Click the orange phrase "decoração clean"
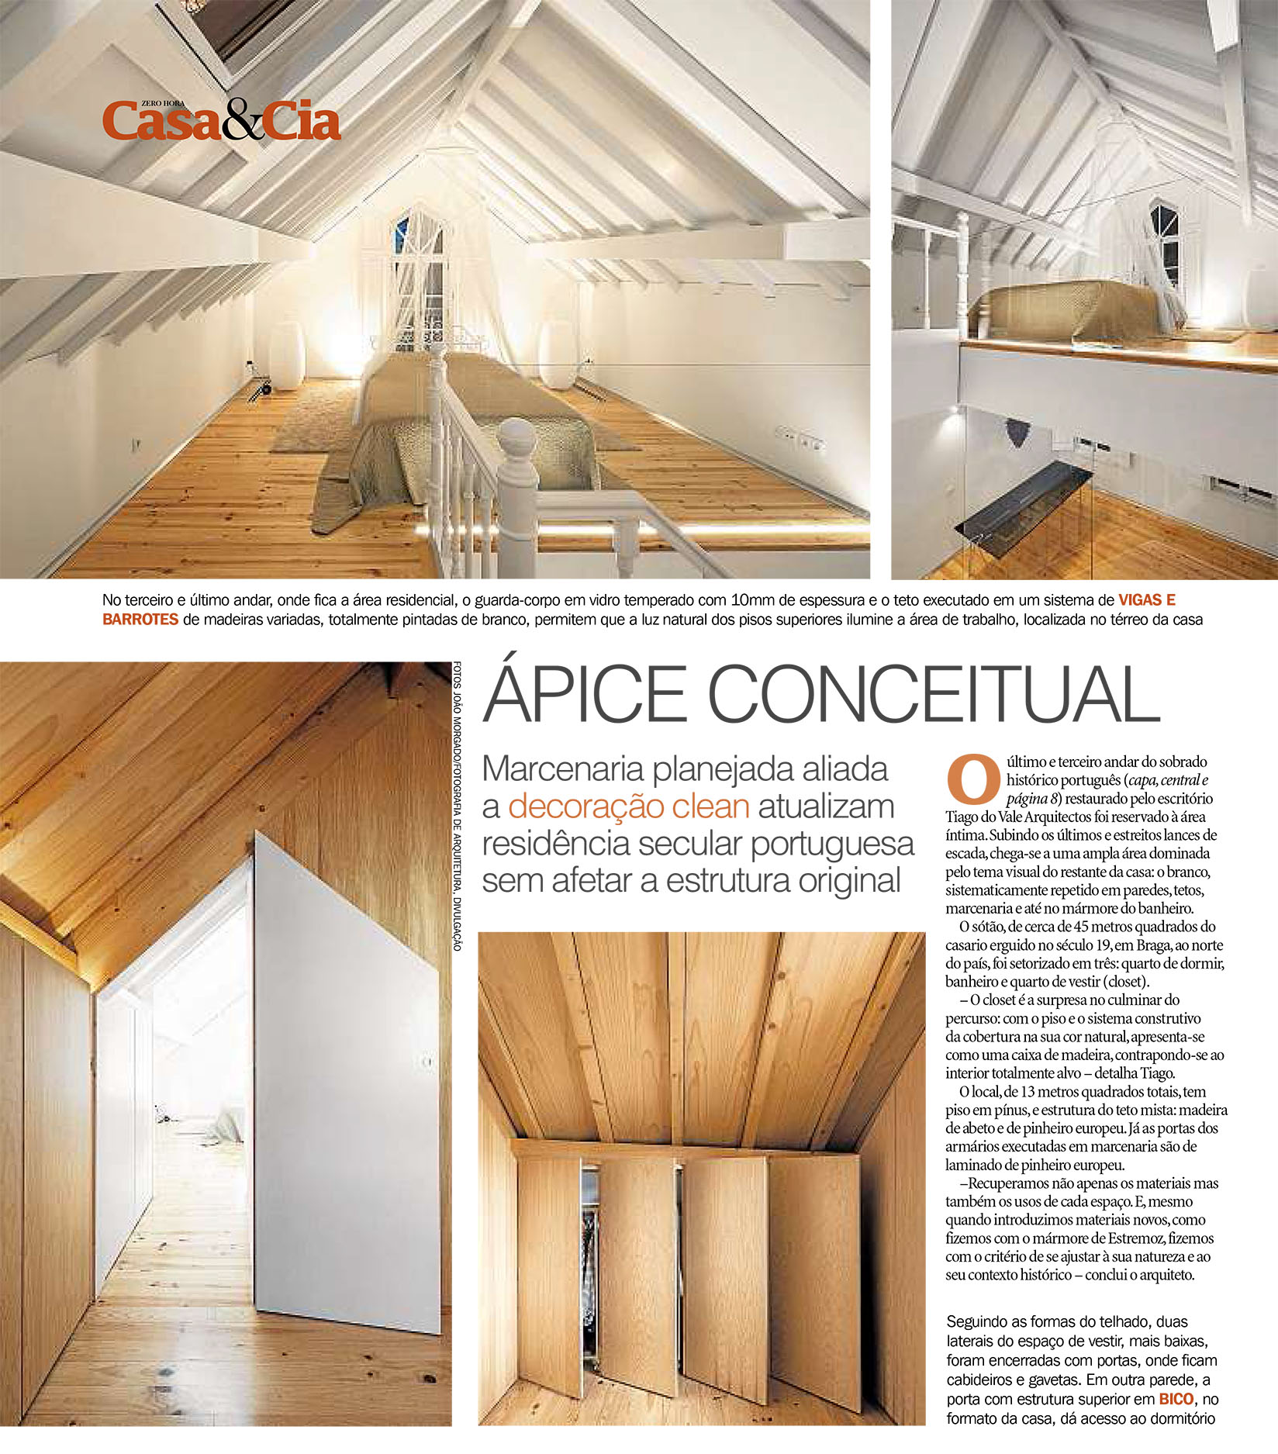628,806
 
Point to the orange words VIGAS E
1146,599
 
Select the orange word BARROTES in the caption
140,620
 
